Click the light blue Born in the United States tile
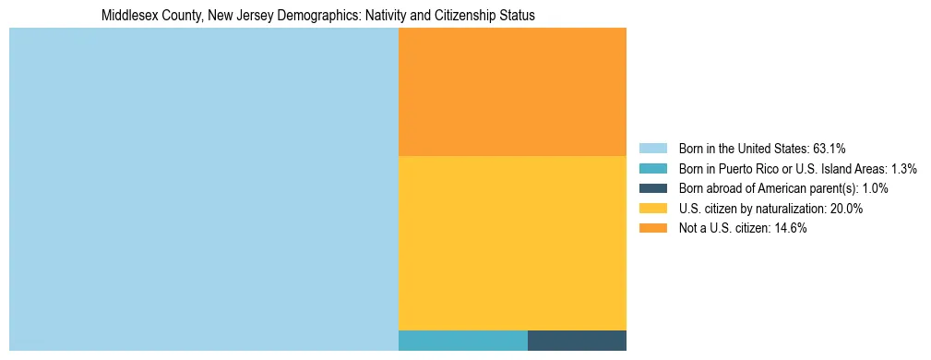click(203, 189)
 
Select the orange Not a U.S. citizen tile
click(512, 91)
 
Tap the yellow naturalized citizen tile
click(512, 242)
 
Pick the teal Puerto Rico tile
click(462, 340)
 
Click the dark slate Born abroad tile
click(577, 340)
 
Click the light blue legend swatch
click(652, 149)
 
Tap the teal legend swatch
click(652, 169)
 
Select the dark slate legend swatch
click(652, 188)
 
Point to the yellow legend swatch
click(652, 209)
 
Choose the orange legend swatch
click(652, 229)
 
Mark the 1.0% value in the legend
click(875, 188)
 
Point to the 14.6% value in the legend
click(791, 229)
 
